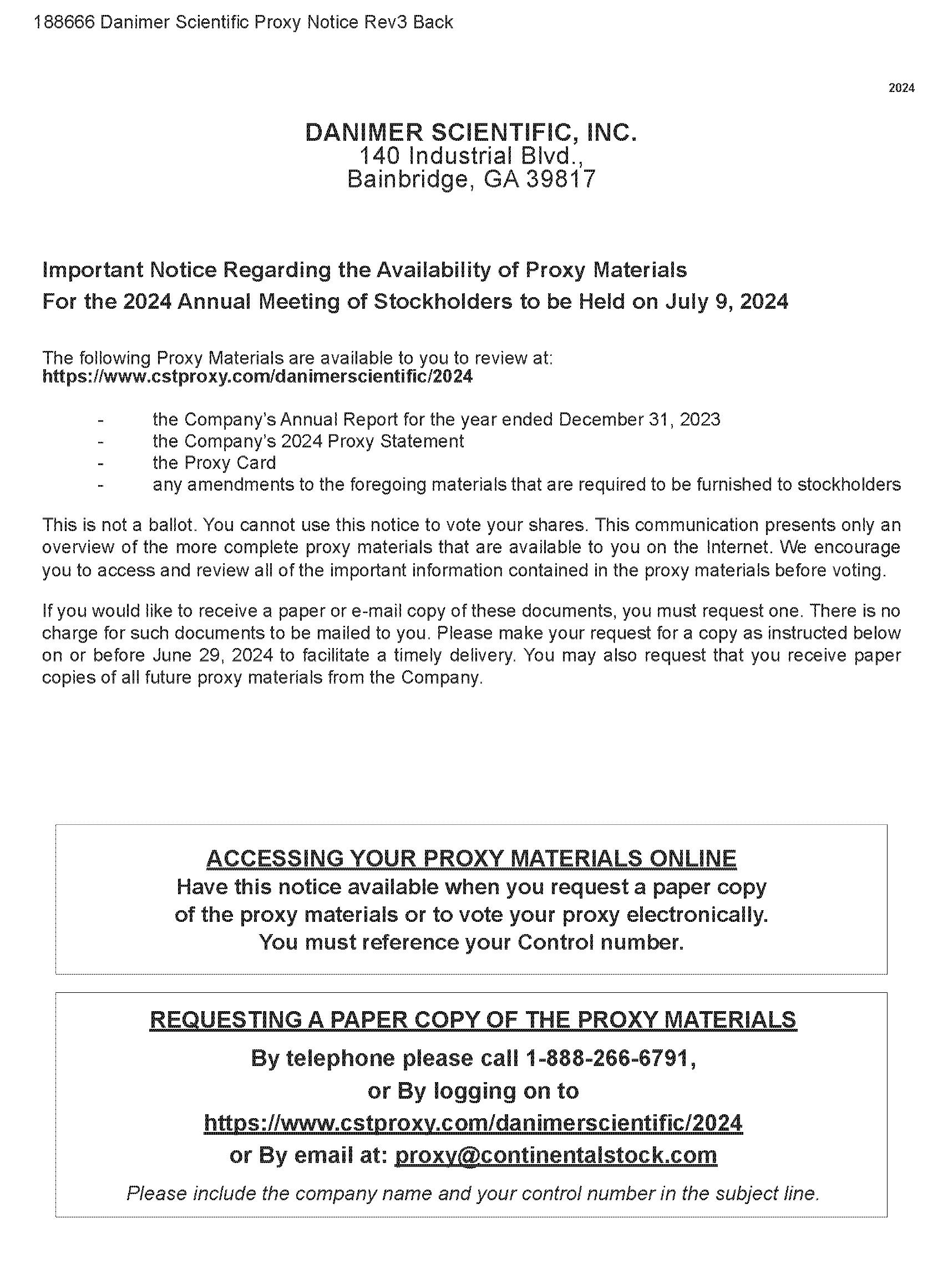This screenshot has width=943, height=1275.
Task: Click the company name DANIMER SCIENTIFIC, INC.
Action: click(471, 133)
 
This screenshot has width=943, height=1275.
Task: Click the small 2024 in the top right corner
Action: click(901, 88)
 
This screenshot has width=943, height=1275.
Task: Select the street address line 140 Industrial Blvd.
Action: click(471, 156)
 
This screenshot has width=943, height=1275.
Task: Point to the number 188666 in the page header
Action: click(64, 22)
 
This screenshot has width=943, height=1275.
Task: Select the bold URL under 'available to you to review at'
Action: click(257, 377)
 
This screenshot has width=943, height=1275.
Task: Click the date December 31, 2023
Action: click(640, 420)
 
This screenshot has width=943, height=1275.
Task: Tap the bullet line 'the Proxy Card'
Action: click(214, 463)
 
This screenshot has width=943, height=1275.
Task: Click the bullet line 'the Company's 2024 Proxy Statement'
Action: click(308, 441)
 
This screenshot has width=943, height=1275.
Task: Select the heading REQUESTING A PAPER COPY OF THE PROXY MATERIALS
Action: click(473, 1019)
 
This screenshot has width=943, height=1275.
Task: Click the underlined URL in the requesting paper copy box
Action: click(473, 1123)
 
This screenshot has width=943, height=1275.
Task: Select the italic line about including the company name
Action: click(473, 1194)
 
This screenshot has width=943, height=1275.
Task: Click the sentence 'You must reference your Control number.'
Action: click(471, 942)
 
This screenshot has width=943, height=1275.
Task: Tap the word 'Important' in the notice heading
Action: click(92, 270)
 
